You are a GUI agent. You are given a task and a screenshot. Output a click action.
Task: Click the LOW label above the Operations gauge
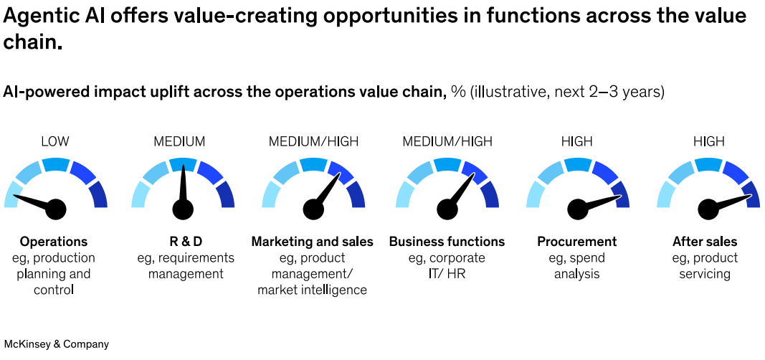(55, 141)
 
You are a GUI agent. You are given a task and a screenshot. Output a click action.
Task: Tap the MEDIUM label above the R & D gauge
(179, 141)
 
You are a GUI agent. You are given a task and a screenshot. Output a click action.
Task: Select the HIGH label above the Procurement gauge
(576, 141)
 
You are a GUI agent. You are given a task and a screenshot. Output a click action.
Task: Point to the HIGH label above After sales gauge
(709, 141)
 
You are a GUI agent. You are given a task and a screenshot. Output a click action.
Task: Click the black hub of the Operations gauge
(56, 209)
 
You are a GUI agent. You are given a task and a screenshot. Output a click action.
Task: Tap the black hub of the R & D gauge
(183, 209)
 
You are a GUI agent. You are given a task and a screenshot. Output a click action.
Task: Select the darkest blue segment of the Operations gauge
(99, 194)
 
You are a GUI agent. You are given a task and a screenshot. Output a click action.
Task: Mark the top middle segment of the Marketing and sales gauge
(313, 164)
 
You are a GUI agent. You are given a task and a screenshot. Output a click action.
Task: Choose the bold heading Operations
(54, 242)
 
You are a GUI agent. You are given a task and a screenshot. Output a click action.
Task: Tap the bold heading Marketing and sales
(312, 242)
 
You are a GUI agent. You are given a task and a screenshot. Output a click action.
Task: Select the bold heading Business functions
(447, 242)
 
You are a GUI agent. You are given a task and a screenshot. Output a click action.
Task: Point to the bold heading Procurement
(576, 242)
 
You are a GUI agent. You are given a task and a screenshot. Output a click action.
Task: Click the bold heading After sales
(705, 242)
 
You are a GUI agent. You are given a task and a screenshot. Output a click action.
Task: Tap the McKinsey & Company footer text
(57, 344)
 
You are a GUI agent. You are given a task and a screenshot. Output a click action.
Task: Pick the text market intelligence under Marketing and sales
(312, 290)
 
